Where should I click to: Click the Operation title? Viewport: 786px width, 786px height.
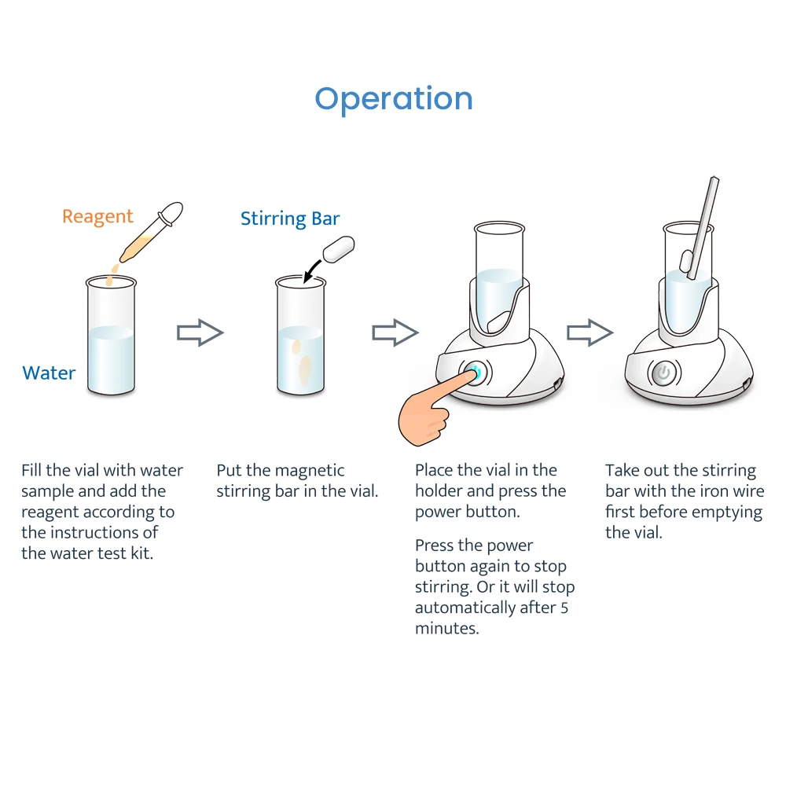394,99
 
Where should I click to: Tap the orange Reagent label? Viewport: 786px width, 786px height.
97,216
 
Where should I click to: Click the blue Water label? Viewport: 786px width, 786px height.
49,373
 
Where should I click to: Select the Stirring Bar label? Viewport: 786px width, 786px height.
290,219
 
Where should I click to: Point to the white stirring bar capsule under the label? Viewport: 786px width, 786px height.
339,249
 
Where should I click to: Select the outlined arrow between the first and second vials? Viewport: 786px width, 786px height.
200,332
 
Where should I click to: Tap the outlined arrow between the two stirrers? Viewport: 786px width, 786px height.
589,332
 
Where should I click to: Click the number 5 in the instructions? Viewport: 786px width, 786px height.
564,608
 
